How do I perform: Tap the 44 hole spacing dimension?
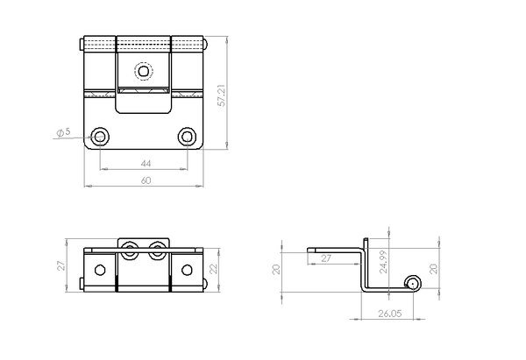point(145,163)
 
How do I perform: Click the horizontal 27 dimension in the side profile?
point(326,258)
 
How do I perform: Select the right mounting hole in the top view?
point(187,136)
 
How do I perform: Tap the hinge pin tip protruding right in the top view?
point(207,44)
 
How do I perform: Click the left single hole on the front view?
point(100,269)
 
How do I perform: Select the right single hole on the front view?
point(188,269)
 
